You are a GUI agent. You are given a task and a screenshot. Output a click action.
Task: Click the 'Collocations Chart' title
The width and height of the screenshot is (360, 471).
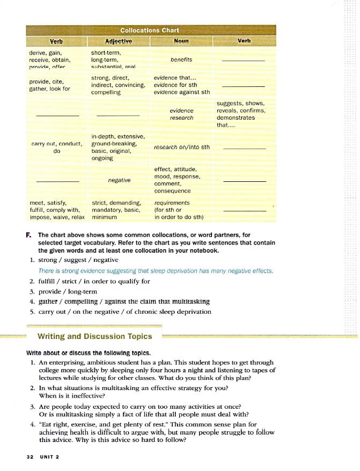tap(150, 30)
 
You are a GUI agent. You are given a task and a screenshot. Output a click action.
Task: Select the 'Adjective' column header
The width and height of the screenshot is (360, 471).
tap(119, 41)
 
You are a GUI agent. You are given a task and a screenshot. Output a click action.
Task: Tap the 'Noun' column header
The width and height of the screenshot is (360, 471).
tap(181, 41)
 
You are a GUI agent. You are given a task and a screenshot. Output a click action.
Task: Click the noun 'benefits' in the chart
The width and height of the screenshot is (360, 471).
tap(181, 60)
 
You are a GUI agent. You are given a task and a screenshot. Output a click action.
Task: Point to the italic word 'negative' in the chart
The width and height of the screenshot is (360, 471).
tap(120, 180)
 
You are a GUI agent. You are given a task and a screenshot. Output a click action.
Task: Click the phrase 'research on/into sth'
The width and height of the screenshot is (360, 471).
tap(181, 147)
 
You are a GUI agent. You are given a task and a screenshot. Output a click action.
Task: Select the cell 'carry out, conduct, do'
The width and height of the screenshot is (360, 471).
tap(56, 148)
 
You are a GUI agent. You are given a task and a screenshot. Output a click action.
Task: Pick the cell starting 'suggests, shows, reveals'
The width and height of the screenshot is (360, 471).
tap(240, 114)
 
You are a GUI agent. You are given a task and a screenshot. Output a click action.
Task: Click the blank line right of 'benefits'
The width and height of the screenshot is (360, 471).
tap(243, 61)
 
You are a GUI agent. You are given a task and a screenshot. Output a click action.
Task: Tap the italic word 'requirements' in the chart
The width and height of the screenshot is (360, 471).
tap(172, 203)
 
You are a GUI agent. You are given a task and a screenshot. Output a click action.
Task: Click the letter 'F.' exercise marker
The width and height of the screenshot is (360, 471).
tap(28, 235)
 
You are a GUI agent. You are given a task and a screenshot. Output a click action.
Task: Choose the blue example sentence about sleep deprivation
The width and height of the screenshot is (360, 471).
tap(156, 271)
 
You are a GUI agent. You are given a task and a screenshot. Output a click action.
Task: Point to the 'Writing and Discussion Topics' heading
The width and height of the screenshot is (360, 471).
tap(94, 337)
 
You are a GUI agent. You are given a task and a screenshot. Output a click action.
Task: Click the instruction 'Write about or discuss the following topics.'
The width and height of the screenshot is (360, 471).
tap(89, 353)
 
